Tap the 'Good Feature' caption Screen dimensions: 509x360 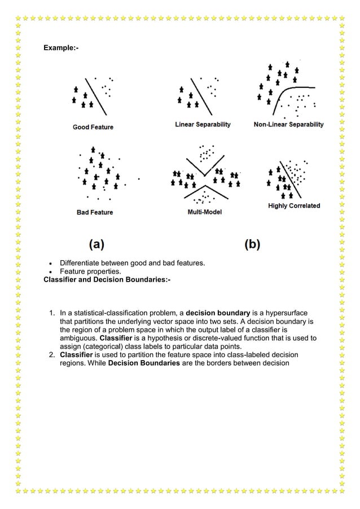93,127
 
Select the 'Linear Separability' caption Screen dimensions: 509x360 203,124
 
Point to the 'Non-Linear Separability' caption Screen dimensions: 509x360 288,124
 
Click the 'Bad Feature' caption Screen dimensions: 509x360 95,212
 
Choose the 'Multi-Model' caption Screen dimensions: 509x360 204,212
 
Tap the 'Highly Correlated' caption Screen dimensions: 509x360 294,206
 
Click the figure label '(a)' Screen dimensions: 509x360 96,244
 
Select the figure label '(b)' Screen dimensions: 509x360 252,244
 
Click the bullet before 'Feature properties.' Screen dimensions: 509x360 51,271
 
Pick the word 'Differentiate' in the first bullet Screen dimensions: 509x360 81,263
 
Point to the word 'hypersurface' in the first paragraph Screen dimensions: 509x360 289,313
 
